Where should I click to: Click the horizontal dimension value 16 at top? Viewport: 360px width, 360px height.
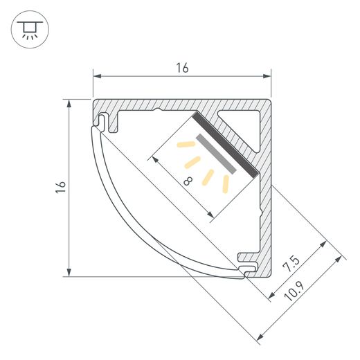(x=182, y=68)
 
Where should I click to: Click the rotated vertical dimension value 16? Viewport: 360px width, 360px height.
(x=61, y=187)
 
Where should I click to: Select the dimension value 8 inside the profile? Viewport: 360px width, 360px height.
(x=188, y=181)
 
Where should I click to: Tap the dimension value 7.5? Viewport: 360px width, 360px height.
(x=291, y=264)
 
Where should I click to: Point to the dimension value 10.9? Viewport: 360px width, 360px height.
(x=294, y=291)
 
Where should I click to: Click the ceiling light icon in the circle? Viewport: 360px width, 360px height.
(x=30, y=30)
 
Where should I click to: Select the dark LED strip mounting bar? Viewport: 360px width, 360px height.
(x=225, y=144)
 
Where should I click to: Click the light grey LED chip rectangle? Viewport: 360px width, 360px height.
(x=216, y=154)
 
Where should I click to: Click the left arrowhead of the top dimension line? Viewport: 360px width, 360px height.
(x=97, y=76)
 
